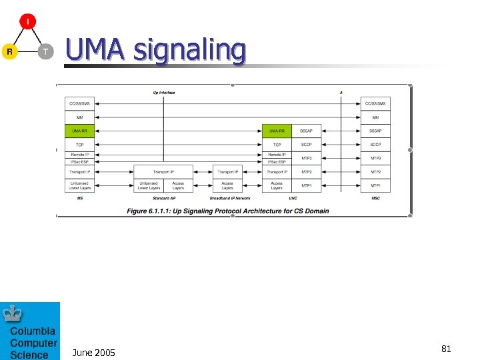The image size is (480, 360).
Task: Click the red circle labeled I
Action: click(x=28, y=21)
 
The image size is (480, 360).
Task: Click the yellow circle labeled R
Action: click(x=9, y=51)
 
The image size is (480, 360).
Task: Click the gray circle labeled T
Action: click(x=45, y=51)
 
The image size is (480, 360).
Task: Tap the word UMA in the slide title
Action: click(x=96, y=50)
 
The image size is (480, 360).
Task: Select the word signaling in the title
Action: click(x=189, y=51)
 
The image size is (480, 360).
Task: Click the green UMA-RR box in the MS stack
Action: click(x=79, y=131)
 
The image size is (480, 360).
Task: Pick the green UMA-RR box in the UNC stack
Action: click(x=277, y=131)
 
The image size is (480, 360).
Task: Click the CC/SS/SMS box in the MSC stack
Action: click(x=375, y=103)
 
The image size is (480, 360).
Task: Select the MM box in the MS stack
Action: click(x=79, y=117)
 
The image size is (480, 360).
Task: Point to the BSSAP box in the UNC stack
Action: click(x=306, y=131)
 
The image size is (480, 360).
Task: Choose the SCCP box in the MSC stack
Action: click(x=375, y=145)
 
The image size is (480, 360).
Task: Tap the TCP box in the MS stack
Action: click(x=79, y=145)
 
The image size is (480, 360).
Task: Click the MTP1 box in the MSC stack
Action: click(x=375, y=185)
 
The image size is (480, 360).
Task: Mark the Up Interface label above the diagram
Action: click(x=164, y=93)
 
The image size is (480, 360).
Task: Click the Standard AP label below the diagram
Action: click(x=164, y=198)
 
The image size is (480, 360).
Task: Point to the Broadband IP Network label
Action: click(x=230, y=198)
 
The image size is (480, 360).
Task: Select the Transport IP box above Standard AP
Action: click(x=164, y=172)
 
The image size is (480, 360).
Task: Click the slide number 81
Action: click(x=446, y=349)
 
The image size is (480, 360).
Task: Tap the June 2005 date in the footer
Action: click(x=93, y=352)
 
